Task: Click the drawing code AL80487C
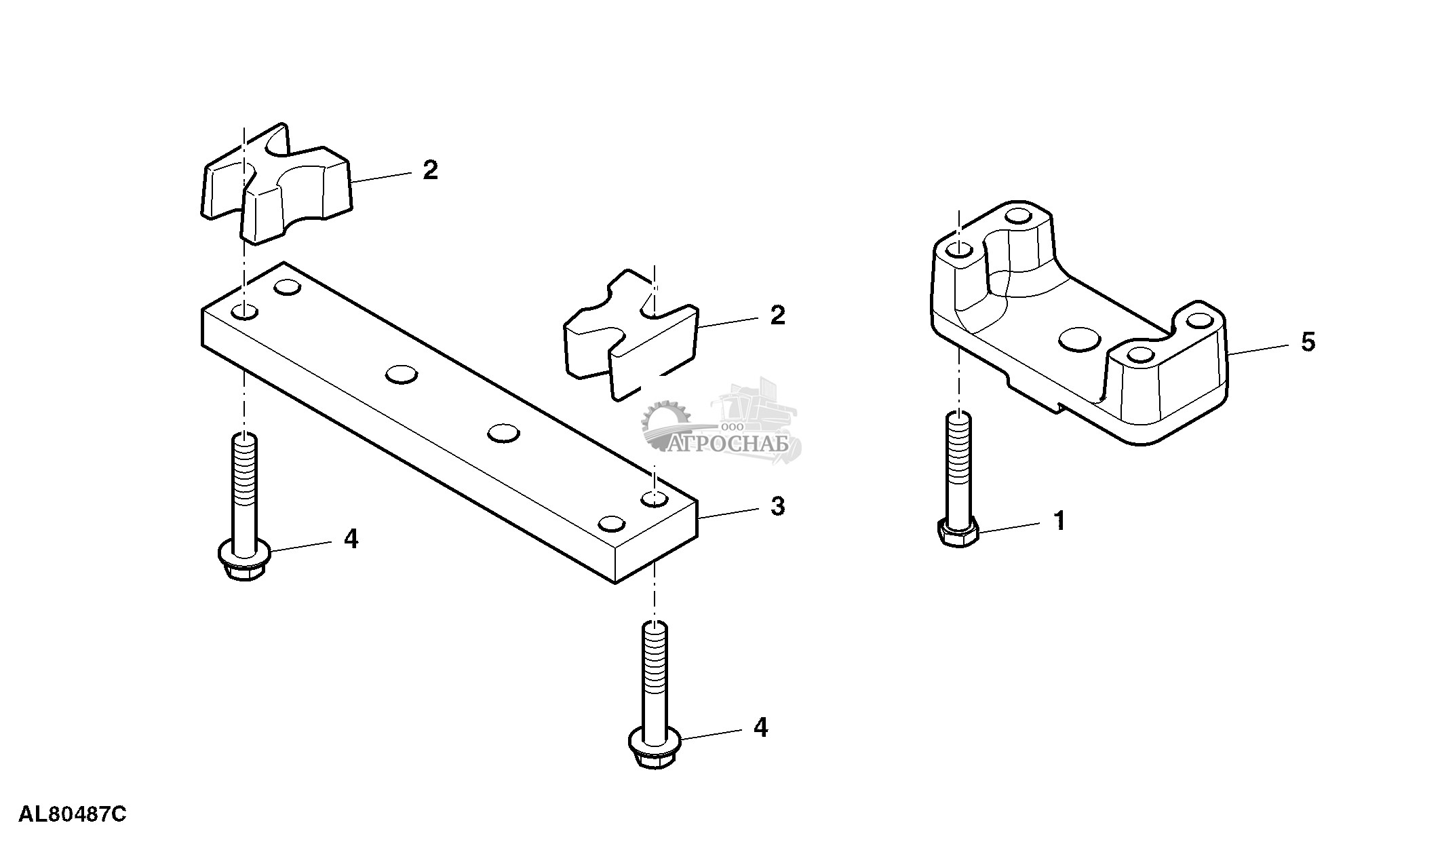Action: pyautogui.click(x=73, y=814)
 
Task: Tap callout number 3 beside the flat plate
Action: pyautogui.click(x=777, y=505)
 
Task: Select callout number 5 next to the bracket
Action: pyautogui.click(x=1308, y=341)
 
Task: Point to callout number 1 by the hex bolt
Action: pyautogui.click(x=1059, y=521)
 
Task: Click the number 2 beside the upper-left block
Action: pyautogui.click(x=430, y=170)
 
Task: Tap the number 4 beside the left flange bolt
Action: pyautogui.click(x=351, y=539)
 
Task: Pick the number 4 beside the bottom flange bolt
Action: pyautogui.click(x=760, y=728)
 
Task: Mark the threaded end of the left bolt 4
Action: pyautogui.click(x=244, y=461)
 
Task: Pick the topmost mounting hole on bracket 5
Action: pyautogui.click(x=1017, y=216)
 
